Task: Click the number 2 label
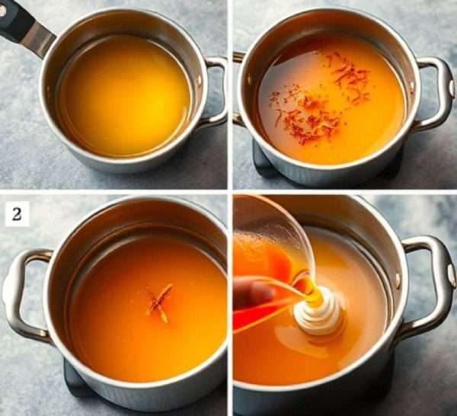17,214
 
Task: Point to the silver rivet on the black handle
2,11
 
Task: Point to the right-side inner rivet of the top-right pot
411,85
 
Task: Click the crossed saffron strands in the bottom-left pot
159,302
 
